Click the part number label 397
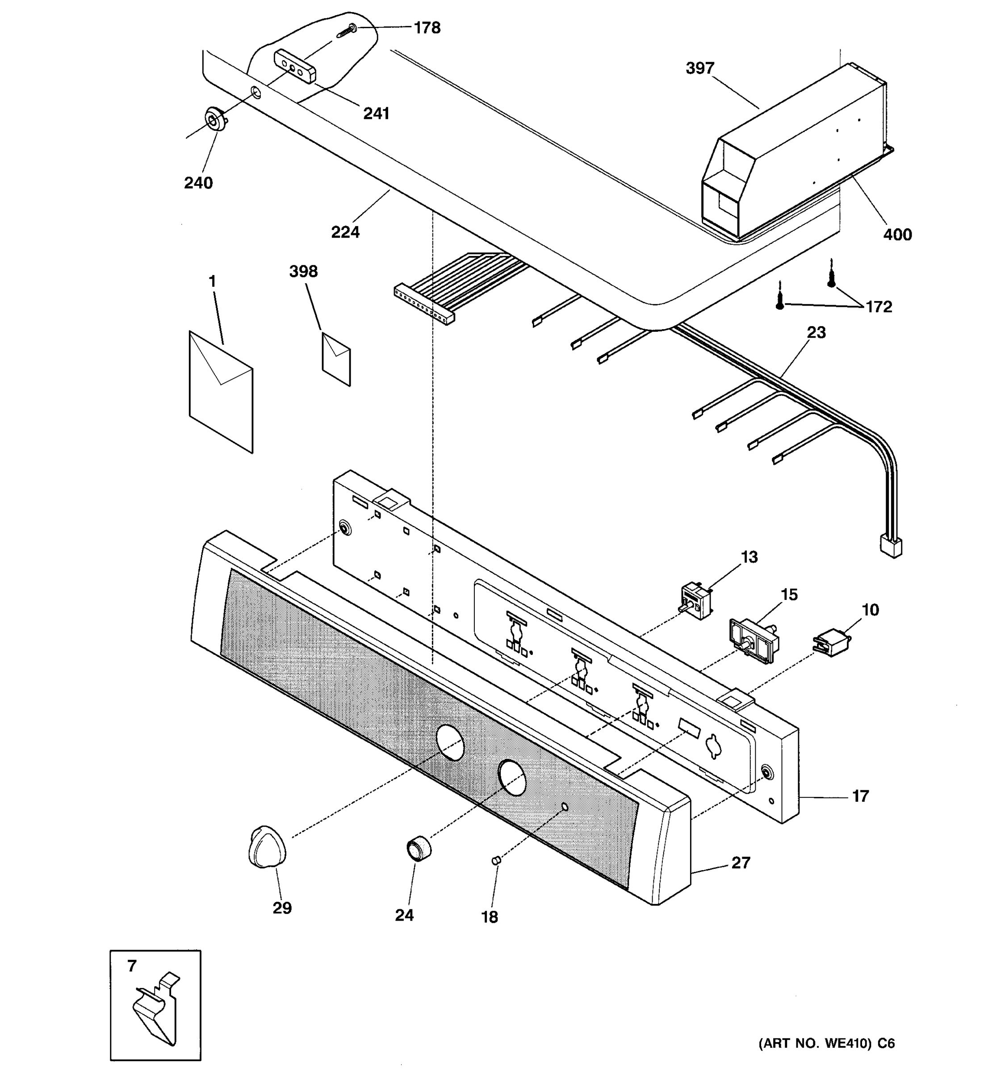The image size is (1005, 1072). click(699, 68)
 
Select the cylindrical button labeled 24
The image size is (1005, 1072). click(419, 848)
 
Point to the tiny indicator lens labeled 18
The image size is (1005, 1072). click(496, 861)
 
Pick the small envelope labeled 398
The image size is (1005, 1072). click(336, 359)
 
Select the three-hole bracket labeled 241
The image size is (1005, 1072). click(295, 66)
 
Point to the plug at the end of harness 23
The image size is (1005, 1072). click(890, 547)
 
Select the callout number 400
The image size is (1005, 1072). click(897, 234)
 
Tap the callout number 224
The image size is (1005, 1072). click(345, 232)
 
